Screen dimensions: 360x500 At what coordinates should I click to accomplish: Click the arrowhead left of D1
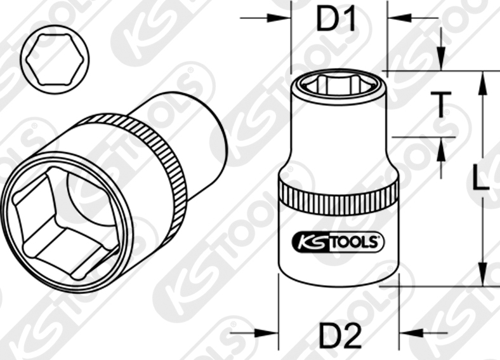click(282, 17)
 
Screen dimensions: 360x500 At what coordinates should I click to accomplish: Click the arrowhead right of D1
click(394, 17)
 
